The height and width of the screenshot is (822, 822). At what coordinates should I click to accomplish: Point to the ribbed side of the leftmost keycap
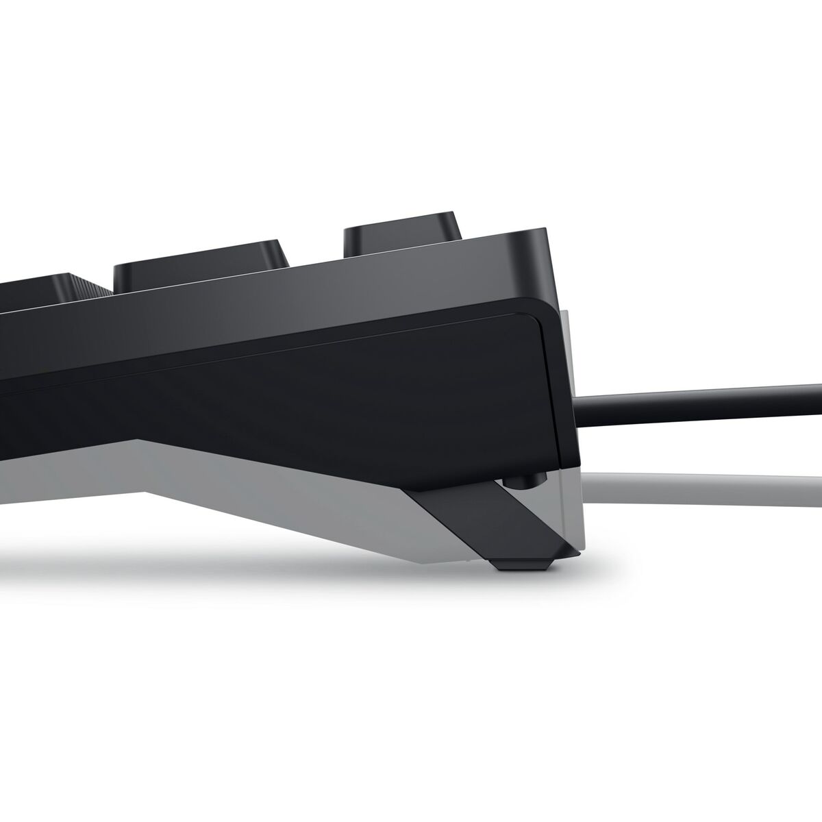pos(97,286)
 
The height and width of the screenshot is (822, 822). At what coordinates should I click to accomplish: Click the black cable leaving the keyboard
pos(699,399)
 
